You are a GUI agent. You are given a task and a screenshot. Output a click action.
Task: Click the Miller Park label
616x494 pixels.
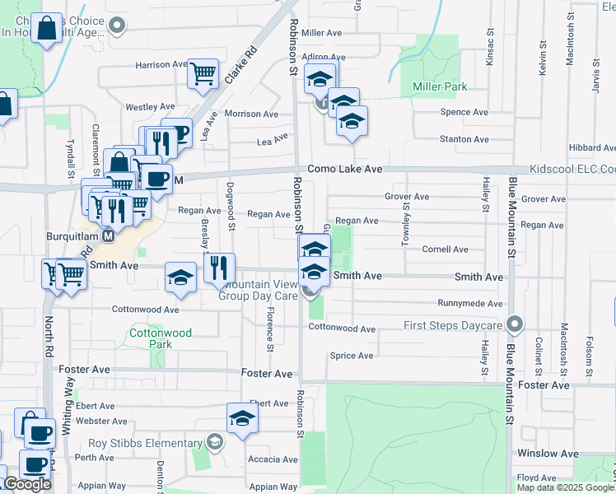point(434,86)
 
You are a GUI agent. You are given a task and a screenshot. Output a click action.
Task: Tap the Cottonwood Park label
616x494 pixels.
point(161,338)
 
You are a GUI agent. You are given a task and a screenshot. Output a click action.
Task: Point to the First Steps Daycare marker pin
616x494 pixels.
point(516,325)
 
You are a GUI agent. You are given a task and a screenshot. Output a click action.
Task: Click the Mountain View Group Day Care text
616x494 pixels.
point(258,289)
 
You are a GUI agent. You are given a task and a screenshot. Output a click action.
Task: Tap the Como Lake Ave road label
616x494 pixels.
point(345,169)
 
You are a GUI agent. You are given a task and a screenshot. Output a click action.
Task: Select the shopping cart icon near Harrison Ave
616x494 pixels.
point(203,74)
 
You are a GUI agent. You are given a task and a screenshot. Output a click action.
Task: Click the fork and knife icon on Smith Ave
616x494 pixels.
point(219,268)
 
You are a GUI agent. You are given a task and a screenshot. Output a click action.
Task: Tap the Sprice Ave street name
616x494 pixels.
point(351,356)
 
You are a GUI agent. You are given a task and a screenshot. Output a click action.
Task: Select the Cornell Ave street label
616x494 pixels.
point(445,249)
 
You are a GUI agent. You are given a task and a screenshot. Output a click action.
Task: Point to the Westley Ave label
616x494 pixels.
point(150,107)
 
